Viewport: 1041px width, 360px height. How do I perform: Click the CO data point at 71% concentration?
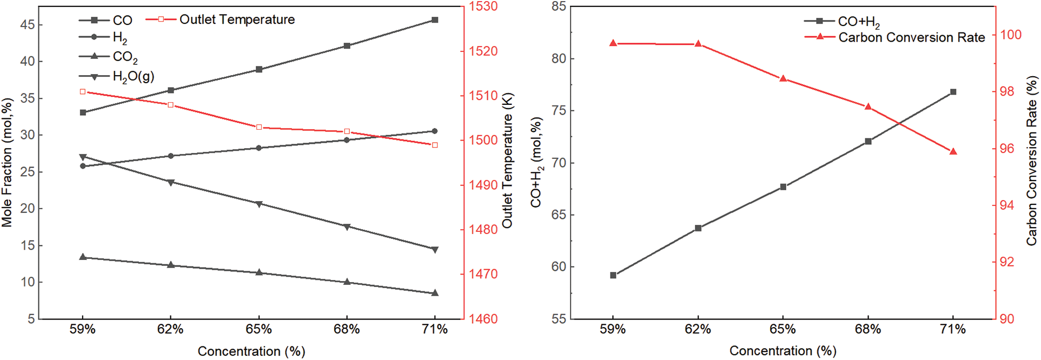pyautogui.click(x=435, y=20)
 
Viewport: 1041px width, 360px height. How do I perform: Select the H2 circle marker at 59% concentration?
pyautogui.click(x=83, y=166)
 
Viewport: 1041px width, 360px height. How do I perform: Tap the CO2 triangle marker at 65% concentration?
pyautogui.click(x=259, y=272)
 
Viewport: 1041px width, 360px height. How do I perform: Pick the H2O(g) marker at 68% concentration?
pyautogui.click(x=347, y=226)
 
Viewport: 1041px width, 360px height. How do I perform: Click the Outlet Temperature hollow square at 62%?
pyautogui.click(x=171, y=105)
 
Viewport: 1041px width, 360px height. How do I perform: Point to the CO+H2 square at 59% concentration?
pyautogui.click(x=613, y=275)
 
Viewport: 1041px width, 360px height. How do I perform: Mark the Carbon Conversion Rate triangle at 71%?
pyautogui.click(x=953, y=151)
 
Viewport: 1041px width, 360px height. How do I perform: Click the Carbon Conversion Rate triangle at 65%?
pyautogui.click(x=783, y=78)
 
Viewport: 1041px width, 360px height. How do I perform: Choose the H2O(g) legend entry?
pyautogui.click(x=133, y=76)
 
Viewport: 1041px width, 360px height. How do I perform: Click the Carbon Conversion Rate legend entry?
pyautogui.click(x=911, y=37)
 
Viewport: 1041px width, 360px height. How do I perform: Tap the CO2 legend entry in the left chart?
pyautogui.click(x=125, y=57)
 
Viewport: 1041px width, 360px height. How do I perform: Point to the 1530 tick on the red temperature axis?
pyautogui.click(x=483, y=6)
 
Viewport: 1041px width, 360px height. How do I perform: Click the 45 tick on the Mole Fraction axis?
pyautogui.click(x=28, y=25)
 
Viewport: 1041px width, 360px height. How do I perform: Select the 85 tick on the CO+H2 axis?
pyautogui.click(x=559, y=6)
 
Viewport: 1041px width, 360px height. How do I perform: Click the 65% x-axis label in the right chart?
pyautogui.click(x=783, y=329)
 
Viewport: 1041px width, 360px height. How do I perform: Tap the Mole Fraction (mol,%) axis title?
pyautogui.click(x=7, y=162)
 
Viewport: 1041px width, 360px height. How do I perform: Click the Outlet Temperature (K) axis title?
pyautogui.click(x=507, y=161)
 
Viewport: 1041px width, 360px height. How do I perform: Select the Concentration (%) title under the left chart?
pyautogui.click(x=251, y=351)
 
